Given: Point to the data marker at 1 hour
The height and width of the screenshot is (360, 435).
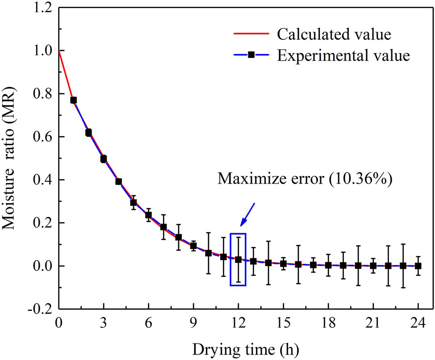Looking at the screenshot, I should pos(74,100).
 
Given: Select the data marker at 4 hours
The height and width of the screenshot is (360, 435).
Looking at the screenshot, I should pos(119,181).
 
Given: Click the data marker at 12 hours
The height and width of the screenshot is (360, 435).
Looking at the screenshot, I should pos(238,259).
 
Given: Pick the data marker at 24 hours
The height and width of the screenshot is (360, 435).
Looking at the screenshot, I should pos(418,266).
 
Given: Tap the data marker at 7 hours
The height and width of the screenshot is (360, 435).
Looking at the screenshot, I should pos(163,227).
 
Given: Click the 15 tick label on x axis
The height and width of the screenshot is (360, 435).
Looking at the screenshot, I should pos(283,323).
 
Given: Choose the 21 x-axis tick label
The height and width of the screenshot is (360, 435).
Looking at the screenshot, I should pos(373,323).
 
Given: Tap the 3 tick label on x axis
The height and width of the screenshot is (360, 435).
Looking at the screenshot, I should pos(104,323).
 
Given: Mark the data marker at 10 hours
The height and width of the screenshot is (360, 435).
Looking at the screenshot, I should pos(209,253).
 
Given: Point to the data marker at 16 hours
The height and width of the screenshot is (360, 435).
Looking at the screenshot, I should pos(298,264).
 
